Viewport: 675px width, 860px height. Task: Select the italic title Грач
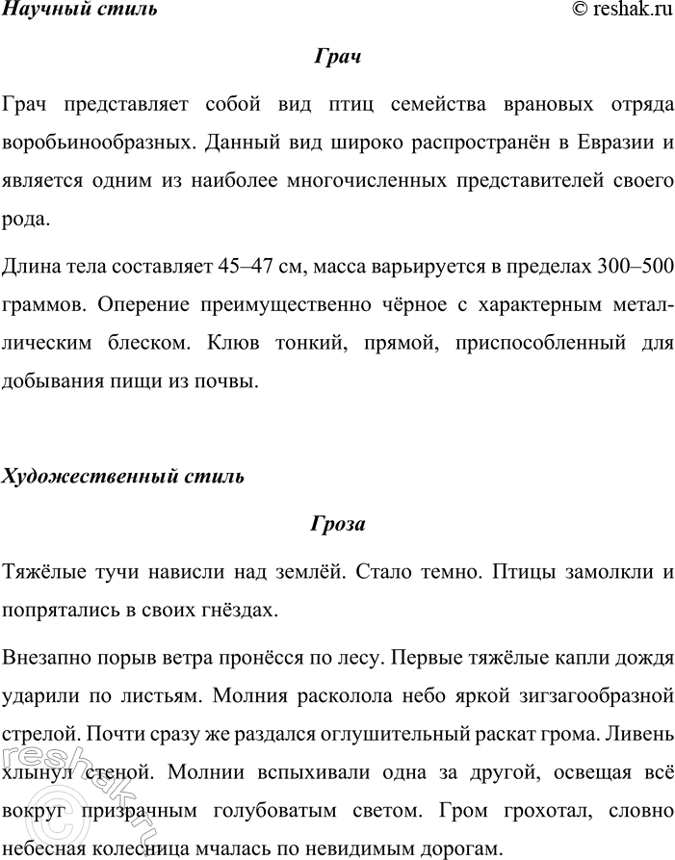[337, 58]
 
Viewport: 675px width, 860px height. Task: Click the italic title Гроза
[337, 524]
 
